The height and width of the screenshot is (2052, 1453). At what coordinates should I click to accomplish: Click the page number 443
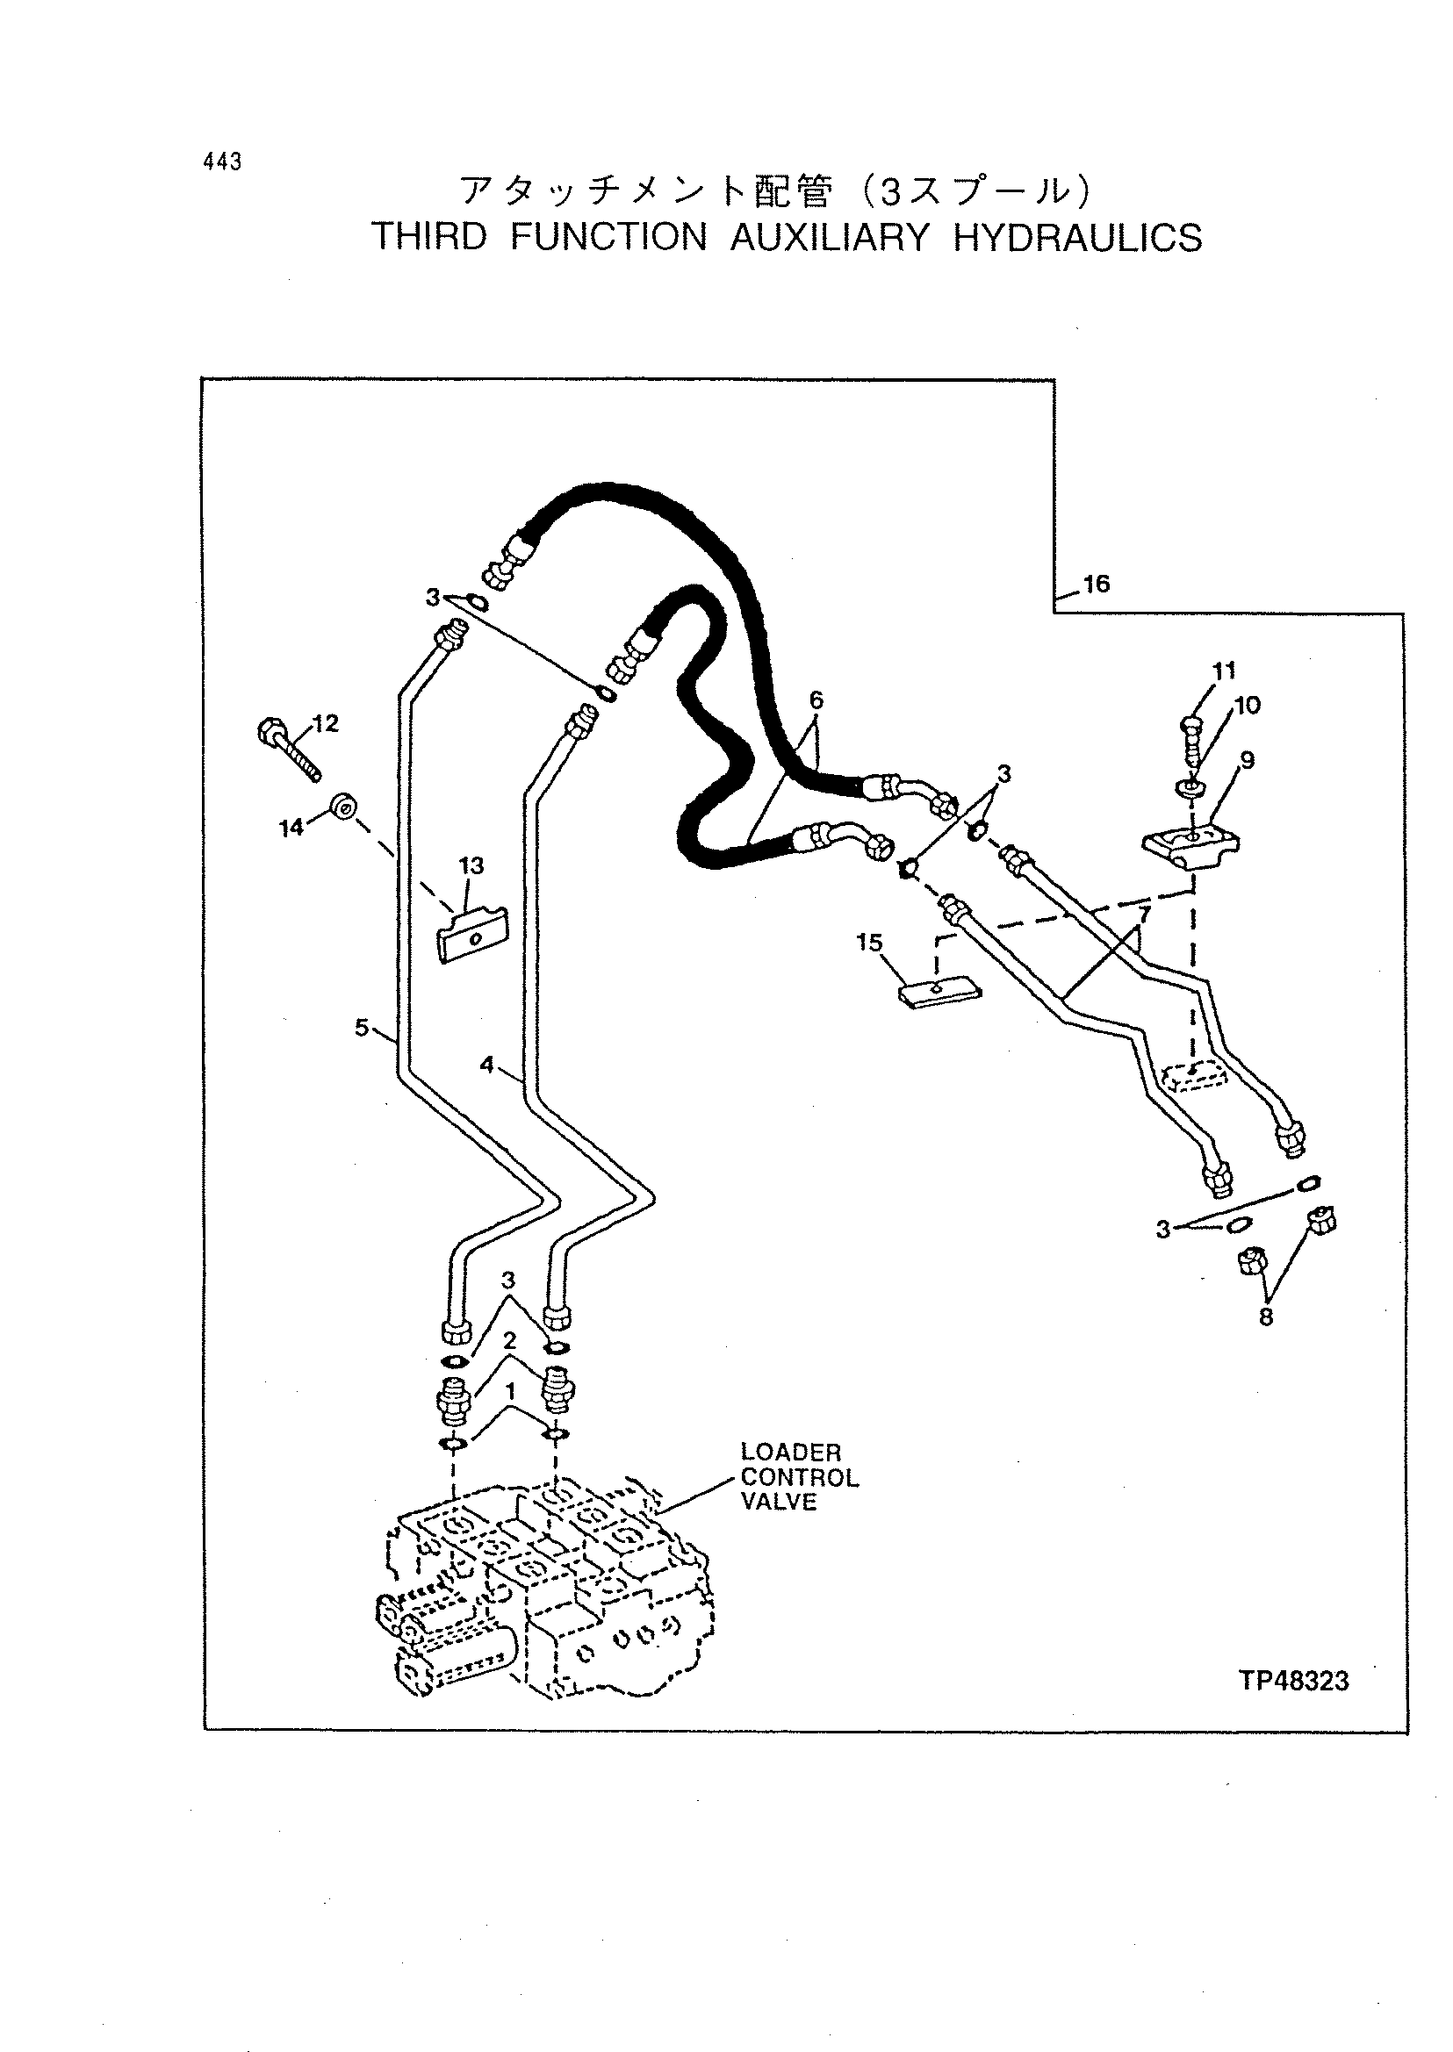223,161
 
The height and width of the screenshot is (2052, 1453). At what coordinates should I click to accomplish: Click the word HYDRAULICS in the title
1077,238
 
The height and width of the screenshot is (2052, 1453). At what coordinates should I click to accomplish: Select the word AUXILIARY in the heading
831,238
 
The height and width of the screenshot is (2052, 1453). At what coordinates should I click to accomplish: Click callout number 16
1096,585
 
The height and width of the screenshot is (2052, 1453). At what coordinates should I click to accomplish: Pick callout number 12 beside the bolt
327,724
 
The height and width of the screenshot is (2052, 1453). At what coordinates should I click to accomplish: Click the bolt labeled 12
288,750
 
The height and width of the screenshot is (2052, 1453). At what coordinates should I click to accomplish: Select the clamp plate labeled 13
472,935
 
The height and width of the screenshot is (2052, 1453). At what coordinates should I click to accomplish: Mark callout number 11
1224,671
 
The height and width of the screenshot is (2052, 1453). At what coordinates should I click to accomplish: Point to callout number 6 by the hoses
816,700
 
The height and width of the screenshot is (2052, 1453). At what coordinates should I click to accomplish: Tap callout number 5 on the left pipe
362,1028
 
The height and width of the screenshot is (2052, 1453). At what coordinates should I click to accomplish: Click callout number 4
486,1065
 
